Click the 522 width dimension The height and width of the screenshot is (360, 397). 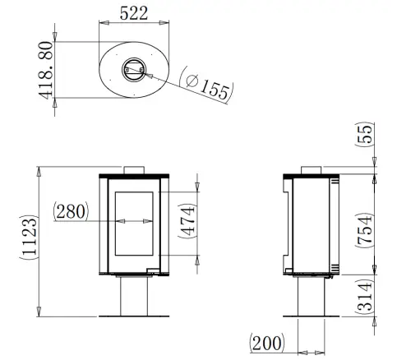(134, 12)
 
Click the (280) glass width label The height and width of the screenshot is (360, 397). (72, 211)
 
